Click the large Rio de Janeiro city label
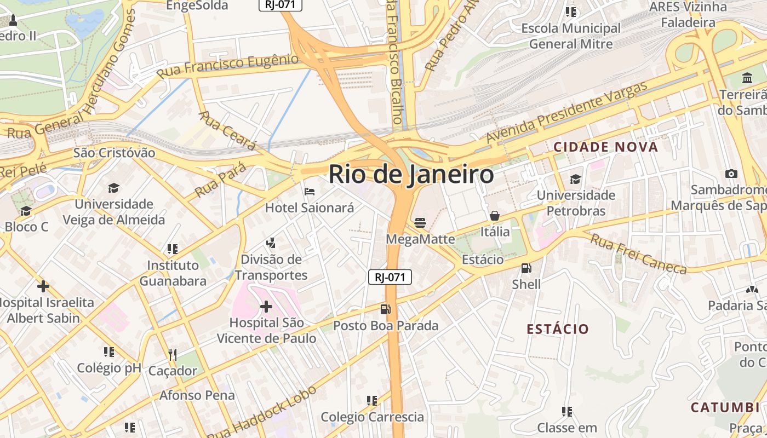(x=411, y=175)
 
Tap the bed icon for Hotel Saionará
(x=310, y=192)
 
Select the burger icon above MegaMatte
(x=420, y=222)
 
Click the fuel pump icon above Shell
(x=526, y=268)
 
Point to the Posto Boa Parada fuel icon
(x=386, y=309)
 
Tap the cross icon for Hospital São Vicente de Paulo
(x=266, y=306)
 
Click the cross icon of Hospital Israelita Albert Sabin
(x=43, y=286)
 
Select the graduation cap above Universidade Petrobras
(x=575, y=179)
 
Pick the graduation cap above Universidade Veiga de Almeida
(x=113, y=188)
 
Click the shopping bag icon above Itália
(x=495, y=216)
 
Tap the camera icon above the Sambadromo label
(x=731, y=174)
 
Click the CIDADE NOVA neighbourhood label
(x=605, y=147)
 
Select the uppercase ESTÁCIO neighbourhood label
(x=558, y=329)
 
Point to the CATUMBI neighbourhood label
(x=724, y=407)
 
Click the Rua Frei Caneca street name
(x=638, y=253)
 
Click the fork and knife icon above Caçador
(x=173, y=354)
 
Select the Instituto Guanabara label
(x=173, y=273)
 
